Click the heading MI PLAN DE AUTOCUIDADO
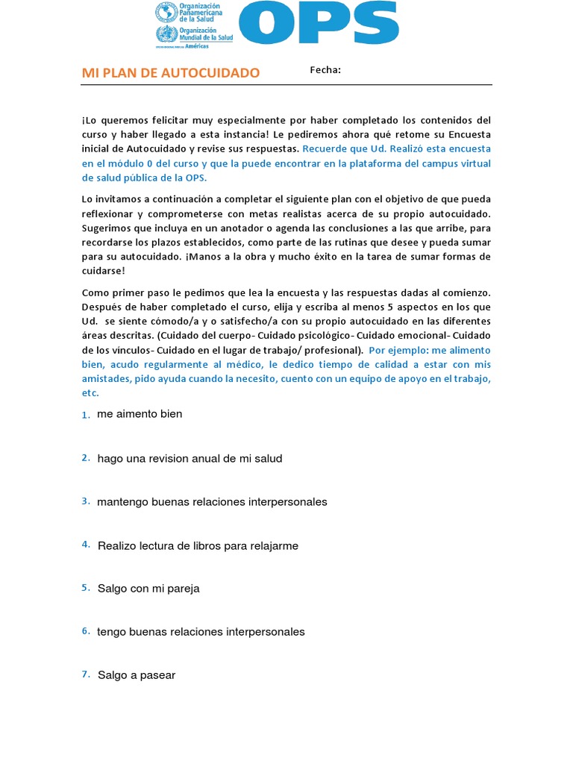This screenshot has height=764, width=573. (x=171, y=73)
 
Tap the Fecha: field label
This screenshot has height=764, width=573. (x=325, y=70)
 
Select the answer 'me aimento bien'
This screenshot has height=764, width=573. (x=140, y=414)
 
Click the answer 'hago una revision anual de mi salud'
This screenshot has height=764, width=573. (x=190, y=459)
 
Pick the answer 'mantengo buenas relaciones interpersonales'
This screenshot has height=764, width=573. (x=212, y=502)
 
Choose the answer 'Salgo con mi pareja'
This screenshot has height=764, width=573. (x=148, y=589)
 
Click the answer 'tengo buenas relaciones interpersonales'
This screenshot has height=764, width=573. (x=201, y=632)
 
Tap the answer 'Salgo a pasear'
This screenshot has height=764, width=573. (x=137, y=675)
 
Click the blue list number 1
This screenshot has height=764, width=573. (x=86, y=416)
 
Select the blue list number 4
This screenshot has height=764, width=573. (x=86, y=545)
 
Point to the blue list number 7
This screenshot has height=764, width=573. (x=86, y=674)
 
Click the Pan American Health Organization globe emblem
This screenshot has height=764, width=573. (x=165, y=13)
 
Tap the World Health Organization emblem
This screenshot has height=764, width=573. (x=165, y=34)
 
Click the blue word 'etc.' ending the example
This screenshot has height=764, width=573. (x=90, y=393)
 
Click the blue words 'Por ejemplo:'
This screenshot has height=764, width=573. (x=396, y=350)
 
